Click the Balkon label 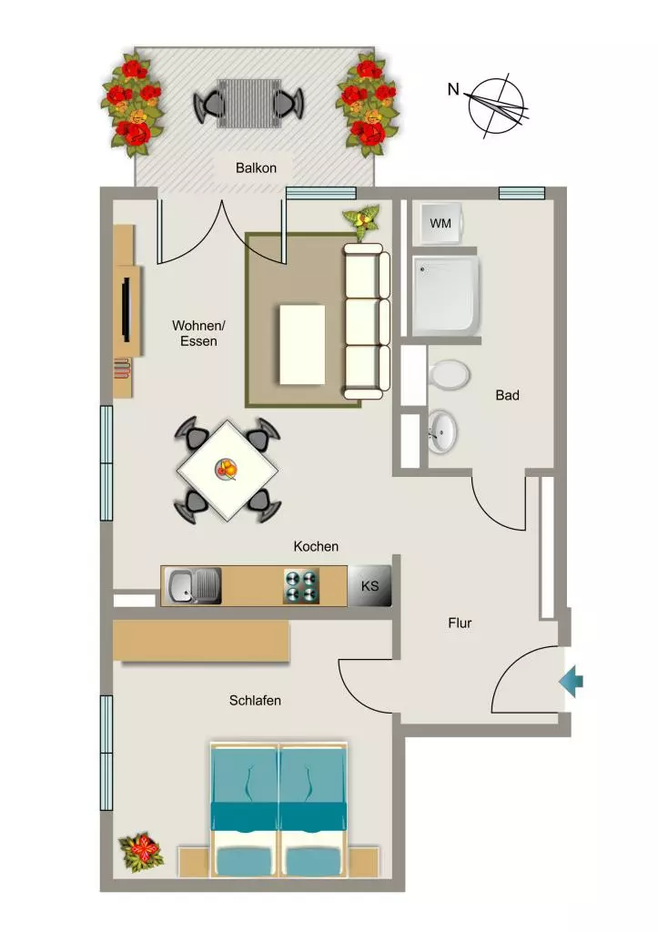click(256, 167)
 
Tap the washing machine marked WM click(440, 224)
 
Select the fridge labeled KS click(369, 586)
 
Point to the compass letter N click(453, 89)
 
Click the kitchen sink click(195, 586)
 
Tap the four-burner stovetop click(301, 586)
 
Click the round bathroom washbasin click(442, 431)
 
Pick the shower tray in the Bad click(446, 296)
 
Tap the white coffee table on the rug click(302, 345)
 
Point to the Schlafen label click(255, 700)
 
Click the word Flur click(461, 623)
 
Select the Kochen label click(316, 546)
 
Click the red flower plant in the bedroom click(139, 852)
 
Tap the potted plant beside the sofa click(361, 218)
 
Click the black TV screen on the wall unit click(126, 309)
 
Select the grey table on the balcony click(248, 104)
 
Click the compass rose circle click(496, 106)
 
